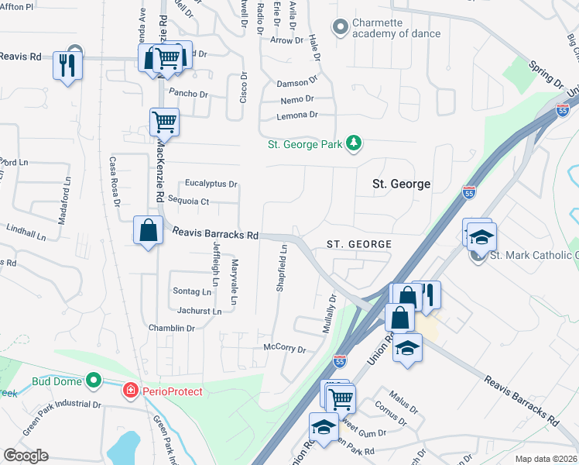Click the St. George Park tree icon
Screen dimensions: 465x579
click(x=354, y=143)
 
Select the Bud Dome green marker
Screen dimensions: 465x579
click(x=94, y=381)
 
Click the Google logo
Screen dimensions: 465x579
click(x=26, y=456)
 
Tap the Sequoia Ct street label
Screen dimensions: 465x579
click(x=194, y=201)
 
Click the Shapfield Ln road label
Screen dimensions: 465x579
click(x=283, y=268)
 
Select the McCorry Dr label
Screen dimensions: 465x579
click(x=285, y=348)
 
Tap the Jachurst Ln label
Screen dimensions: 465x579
click(x=199, y=311)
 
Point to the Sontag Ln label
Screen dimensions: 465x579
click(x=191, y=292)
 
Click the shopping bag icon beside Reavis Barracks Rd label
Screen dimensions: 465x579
click(x=148, y=230)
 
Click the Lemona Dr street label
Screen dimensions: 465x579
click(x=297, y=115)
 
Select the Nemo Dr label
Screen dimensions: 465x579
click(x=297, y=98)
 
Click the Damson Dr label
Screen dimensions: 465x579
click(x=297, y=80)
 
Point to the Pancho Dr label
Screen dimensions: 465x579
click(x=189, y=94)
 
